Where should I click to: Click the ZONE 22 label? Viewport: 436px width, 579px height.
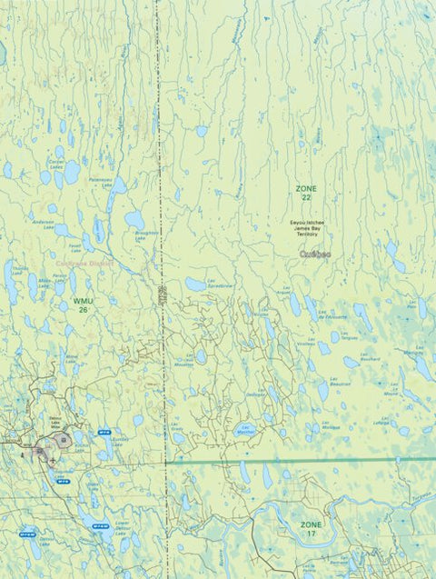tap(306, 193)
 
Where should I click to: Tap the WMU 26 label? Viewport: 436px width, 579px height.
tap(83, 304)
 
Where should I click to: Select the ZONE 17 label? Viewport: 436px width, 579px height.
tap(312, 530)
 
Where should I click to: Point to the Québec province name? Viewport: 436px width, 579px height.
tap(315, 255)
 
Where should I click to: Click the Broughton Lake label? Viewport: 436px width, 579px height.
tap(146, 234)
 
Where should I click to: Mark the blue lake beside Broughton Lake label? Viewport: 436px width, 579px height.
tap(134, 219)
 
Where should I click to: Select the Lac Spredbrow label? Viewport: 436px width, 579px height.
tap(221, 284)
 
